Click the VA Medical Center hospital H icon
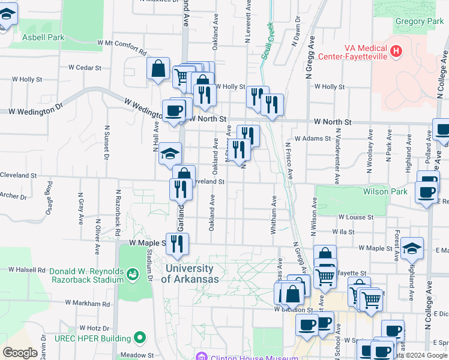[396, 52]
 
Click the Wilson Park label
[385, 192]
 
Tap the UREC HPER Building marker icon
[140, 337]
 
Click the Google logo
[20, 353]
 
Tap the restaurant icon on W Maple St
[176, 244]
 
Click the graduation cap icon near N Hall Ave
[170, 154]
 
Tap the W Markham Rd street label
[88, 303]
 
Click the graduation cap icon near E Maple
[412, 248]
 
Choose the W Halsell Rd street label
[24, 270]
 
